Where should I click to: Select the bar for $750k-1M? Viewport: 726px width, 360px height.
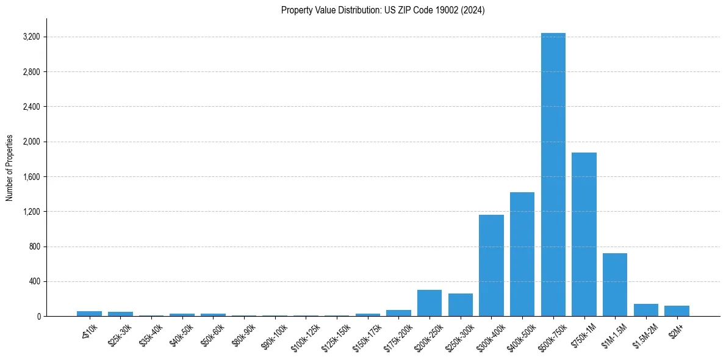pyautogui.click(x=584, y=234)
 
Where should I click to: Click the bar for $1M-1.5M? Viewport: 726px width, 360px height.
pyautogui.click(x=615, y=284)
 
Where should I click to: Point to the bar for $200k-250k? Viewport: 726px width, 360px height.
pyautogui.click(x=429, y=303)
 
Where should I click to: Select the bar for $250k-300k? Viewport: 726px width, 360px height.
pyautogui.click(x=461, y=304)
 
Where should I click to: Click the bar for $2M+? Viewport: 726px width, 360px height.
pyautogui.click(x=677, y=311)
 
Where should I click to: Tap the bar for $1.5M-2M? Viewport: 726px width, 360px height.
pyautogui.click(x=645, y=310)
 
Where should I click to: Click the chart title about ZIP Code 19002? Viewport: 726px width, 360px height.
pyautogui.click(x=383, y=10)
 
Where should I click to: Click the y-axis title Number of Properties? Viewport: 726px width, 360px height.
pyautogui.click(x=10, y=167)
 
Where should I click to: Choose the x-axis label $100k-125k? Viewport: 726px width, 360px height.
pyautogui.click(x=304, y=334)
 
